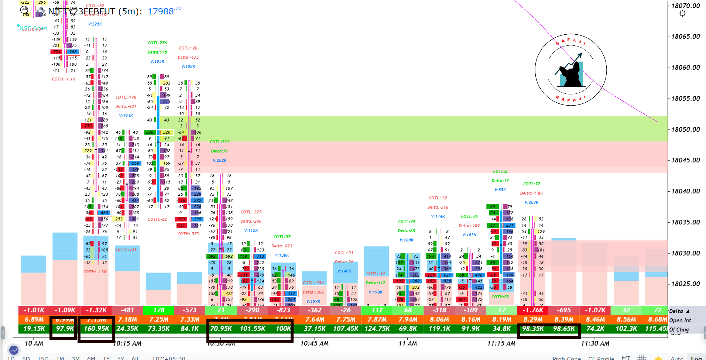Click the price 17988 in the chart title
[161, 11]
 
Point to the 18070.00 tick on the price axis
[685, 6]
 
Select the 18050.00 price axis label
[685, 130]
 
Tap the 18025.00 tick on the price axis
[685, 284]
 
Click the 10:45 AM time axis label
[314, 343]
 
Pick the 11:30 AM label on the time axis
[595, 343]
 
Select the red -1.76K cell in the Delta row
[532, 311]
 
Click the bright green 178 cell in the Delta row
[159, 311]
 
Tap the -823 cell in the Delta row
[283, 311]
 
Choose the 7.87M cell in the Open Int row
[377, 319]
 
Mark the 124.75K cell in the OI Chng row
[377, 329]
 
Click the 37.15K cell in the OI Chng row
[315, 329]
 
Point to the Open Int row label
[680, 320]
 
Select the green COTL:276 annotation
[157, 43]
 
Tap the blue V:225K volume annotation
[95, 24]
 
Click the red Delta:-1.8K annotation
[531, 193]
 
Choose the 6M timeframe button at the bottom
[91, 358]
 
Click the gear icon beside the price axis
[682, 13]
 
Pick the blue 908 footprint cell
[73, 52]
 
